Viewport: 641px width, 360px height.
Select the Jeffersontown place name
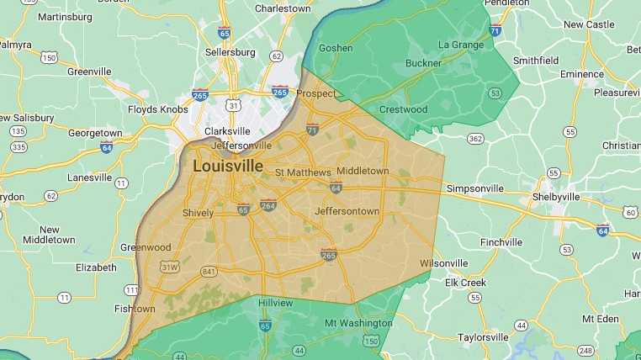tap(347, 211)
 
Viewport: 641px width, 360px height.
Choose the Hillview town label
tap(276, 302)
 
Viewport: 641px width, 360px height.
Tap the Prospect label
tap(316, 93)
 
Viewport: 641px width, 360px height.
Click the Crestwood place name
tap(405, 109)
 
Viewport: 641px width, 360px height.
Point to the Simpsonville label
tap(476, 188)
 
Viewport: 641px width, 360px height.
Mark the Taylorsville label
tap(484, 337)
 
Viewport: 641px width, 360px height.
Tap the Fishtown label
tap(134, 309)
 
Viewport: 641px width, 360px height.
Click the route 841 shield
tap(208, 271)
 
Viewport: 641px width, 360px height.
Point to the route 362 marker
tap(476, 138)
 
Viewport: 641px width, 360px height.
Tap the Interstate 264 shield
tap(268, 204)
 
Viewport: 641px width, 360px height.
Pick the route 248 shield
tap(585, 351)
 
